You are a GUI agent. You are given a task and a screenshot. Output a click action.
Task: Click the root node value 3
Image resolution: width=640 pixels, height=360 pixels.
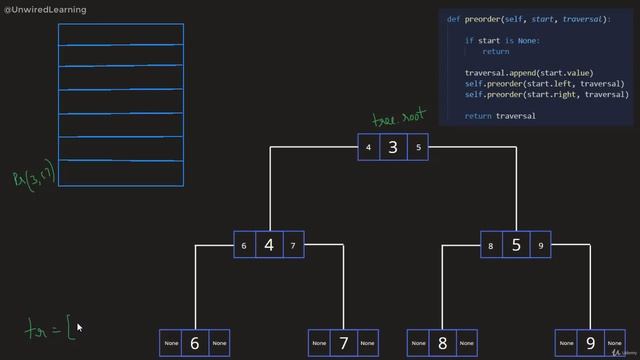tap(393, 147)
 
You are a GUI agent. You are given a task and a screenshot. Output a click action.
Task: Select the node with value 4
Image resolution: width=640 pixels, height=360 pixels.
tap(269, 245)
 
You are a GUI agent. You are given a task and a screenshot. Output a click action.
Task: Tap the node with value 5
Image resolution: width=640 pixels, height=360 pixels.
tap(516, 244)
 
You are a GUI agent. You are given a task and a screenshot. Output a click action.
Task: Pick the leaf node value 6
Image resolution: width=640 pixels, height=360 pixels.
tap(194, 343)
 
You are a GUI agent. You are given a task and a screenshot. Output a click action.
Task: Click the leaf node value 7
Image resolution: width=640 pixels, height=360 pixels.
tap(344, 343)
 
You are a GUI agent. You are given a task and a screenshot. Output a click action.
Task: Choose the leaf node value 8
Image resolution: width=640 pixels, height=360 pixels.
tap(443, 343)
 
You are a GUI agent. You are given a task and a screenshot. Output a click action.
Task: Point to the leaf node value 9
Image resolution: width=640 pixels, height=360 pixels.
tap(591, 343)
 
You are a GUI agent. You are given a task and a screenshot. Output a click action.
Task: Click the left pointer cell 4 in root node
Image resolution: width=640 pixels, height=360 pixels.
tap(368, 148)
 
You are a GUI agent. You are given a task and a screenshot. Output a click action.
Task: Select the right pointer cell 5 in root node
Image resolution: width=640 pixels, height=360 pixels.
tap(418, 148)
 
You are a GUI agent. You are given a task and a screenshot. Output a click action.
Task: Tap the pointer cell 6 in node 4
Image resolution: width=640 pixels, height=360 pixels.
tap(244, 246)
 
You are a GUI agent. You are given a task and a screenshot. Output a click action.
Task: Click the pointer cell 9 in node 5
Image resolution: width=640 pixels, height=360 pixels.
tap(541, 246)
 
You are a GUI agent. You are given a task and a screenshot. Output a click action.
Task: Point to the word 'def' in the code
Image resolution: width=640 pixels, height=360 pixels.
tap(453, 19)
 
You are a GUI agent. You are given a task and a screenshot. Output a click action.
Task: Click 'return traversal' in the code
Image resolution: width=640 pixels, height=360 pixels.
tap(500, 116)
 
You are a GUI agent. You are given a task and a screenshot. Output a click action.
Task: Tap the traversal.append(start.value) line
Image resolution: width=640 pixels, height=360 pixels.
tap(529, 73)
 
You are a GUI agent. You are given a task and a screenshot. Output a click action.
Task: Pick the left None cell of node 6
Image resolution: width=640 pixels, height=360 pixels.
tap(170, 344)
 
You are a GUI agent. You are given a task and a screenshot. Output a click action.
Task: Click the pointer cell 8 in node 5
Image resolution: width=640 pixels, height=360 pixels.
tap(492, 246)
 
